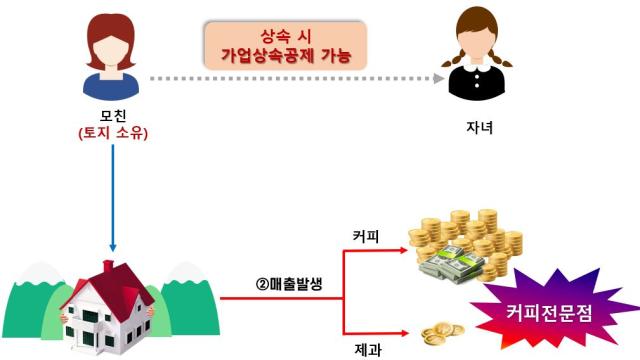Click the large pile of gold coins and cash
tap(465, 240)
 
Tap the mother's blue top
tap(112, 84)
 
